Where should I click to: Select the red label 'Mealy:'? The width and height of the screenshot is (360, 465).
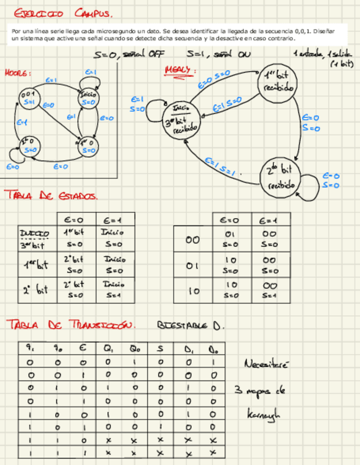178,70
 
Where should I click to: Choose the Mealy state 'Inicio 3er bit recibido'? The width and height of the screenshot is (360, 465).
183,119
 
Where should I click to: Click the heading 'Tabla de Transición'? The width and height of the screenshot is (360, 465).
70,325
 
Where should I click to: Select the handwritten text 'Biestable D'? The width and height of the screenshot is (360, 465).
190,325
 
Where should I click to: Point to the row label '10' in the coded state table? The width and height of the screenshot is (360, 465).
193,292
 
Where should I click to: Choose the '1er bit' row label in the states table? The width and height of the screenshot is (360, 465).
37,265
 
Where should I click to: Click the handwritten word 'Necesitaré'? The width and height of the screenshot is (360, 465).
266,364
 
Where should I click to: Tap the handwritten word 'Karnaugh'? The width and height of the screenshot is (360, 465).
264,414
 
